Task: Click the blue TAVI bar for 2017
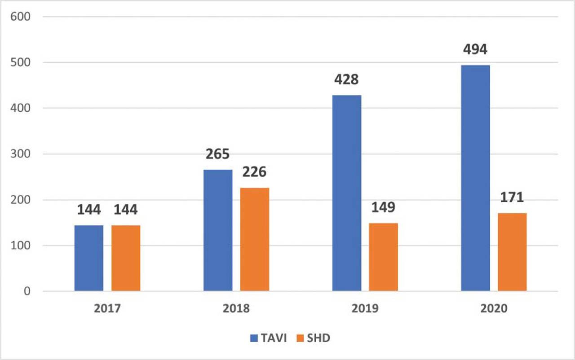pos(89,258)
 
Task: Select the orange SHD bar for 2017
pos(126,258)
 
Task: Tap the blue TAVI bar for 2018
pos(218,230)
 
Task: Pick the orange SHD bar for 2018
pos(254,239)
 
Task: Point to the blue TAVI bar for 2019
pos(347,193)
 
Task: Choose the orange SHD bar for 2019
pos(383,257)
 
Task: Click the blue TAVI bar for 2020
pos(475,178)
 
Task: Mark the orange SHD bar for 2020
pos(512,252)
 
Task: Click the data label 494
pos(475,49)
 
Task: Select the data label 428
pos(346,79)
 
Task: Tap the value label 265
pos(218,154)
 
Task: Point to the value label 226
pos(254,171)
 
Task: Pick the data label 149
pos(383,207)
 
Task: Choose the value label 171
pos(512,197)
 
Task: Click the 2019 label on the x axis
pos(365,309)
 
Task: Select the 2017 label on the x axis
pos(107,309)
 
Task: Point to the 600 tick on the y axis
pos(21,17)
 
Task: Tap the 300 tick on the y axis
pos(21,154)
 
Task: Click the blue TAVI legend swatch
pos(254,338)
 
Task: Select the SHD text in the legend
pos(318,338)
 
